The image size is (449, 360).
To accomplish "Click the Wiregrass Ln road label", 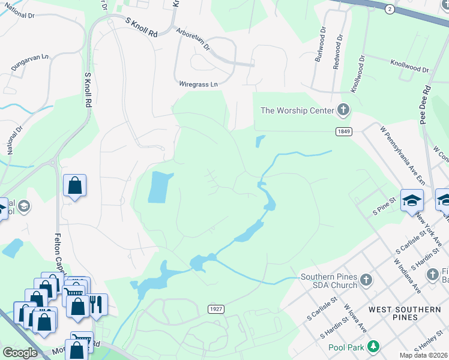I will coord(198,85).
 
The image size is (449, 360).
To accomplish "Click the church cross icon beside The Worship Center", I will coord(343,110).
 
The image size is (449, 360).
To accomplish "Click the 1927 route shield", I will coord(217,308).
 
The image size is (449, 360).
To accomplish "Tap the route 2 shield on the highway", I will coord(390,8).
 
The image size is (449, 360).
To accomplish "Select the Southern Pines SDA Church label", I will coord(329,281).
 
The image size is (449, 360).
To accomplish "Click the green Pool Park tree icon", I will coord(373,347).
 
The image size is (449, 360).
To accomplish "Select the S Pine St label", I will coord(385,205).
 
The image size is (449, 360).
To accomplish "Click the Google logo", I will coord(20,352).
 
